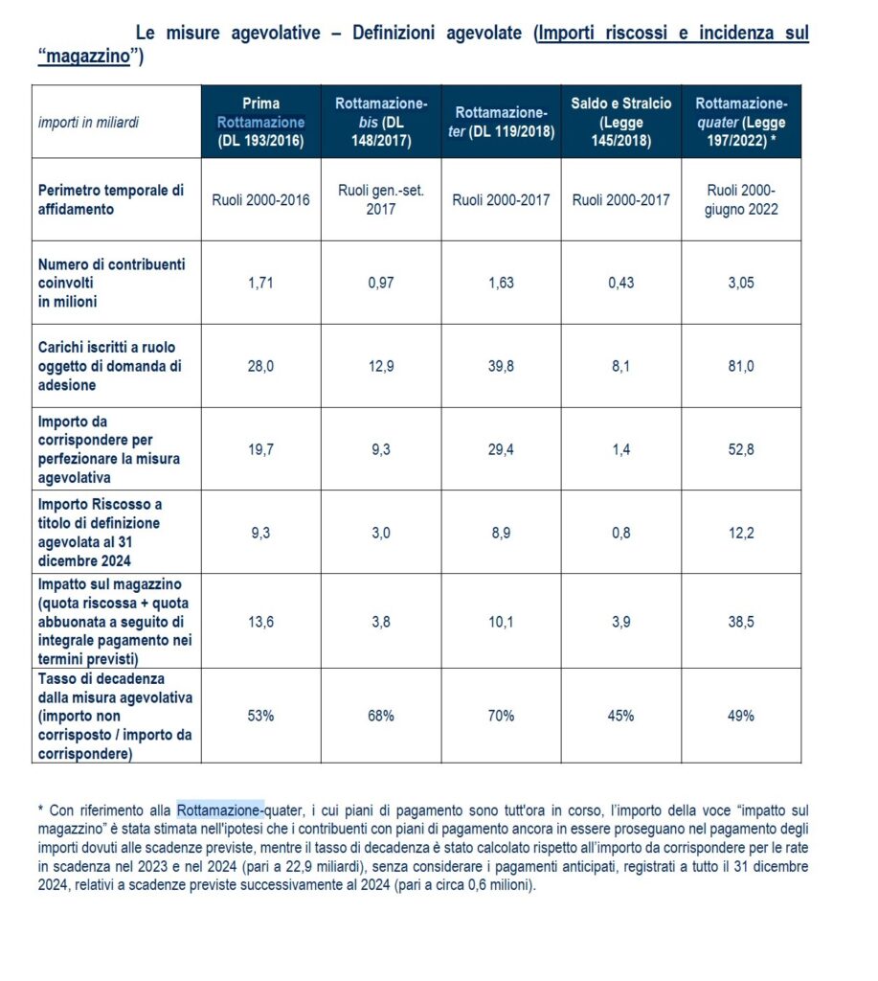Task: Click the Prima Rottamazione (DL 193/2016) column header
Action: click(x=260, y=122)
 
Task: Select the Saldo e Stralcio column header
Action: click(x=620, y=122)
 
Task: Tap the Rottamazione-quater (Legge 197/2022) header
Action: click(x=741, y=122)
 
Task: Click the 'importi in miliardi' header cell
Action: click(x=88, y=123)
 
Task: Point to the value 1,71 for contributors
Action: click(x=260, y=283)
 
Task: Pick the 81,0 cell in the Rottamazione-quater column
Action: click(x=741, y=366)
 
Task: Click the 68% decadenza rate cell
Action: click(x=380, y=716)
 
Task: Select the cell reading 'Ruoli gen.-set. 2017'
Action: click(x=380, y=199)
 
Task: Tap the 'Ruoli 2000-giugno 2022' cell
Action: click(x=741, y=199)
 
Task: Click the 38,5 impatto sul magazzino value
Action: click(x=741, y=622)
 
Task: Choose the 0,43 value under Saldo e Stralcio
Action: click(x=620, y=283)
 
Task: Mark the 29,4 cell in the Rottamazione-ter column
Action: click(x=500, y=449)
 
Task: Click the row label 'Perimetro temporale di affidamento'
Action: click(x=110, y=199)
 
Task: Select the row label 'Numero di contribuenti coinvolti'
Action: click(x=111, y=283)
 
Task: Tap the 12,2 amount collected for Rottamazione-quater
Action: click(x=741, y=533)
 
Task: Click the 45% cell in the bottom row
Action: click(x=620, y=716)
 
